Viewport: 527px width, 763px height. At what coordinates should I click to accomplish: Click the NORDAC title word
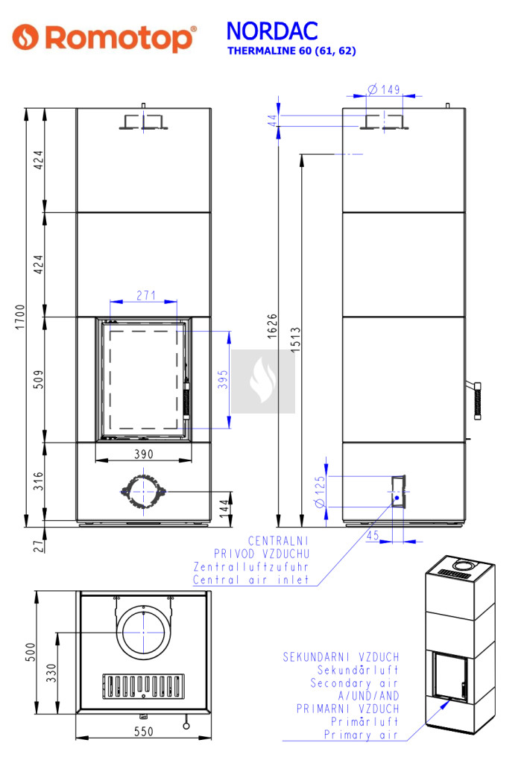(x=271, y=31)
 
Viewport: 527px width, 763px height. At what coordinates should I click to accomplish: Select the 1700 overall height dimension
(x=20, y=317)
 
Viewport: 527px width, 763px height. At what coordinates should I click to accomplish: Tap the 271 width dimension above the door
(x=146, y=296)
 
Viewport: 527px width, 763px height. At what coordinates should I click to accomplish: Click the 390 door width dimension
(x=143, y=454)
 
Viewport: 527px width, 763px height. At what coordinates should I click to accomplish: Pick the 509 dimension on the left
(x=40, y=379)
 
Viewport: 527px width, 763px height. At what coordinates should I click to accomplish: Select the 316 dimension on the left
(x=40, y=481)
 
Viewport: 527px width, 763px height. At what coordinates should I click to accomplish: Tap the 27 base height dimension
(x=40, y=545)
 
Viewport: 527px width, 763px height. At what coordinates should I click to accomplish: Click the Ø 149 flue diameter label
(x=384, y=89)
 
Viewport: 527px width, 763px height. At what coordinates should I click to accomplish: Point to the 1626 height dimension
(x=273, y=326)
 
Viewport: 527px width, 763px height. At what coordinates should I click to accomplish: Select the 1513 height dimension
(x=296, y=341)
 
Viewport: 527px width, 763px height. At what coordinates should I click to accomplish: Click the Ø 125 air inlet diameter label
(x=321, y=493)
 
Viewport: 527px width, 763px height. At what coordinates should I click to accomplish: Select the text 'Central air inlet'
(x=250, y=580)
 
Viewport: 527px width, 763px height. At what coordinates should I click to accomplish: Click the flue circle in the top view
(x=142, y=632)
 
